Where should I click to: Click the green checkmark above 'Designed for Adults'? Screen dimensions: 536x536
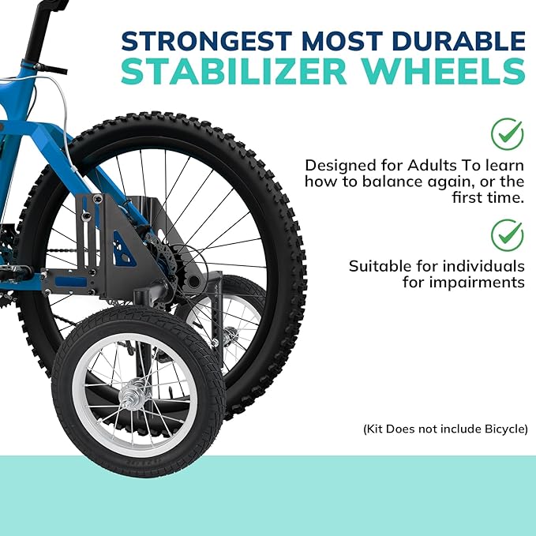pos(507,133)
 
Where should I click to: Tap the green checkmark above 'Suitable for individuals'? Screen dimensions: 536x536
pos(507,234)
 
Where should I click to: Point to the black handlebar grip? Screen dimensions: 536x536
pos(34,32)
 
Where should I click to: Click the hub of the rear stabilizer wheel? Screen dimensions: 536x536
pos(230,336)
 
